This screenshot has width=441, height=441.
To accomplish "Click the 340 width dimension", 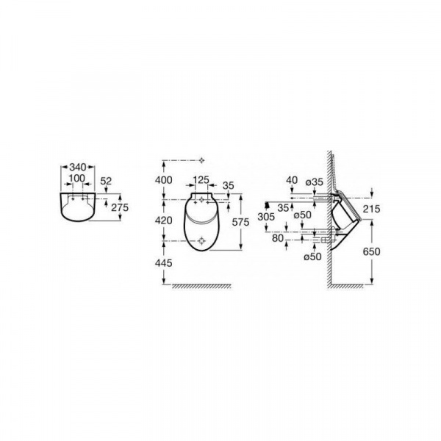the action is click(78, 167).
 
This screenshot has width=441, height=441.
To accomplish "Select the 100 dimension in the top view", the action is click(76, 178).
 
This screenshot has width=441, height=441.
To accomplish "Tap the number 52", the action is click(106, 181).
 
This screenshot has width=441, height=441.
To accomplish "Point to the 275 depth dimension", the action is click(120, 207).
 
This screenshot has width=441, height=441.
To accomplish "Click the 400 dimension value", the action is click(164, 180).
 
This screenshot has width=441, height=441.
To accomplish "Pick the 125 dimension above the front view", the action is click(201, 180).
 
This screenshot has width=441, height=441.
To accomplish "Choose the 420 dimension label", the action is click(164, 220).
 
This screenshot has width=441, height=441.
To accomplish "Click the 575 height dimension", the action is click(240, 222).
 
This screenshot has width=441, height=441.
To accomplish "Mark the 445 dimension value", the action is click(164, 263).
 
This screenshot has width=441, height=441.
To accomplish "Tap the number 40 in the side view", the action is click(292, 180).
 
